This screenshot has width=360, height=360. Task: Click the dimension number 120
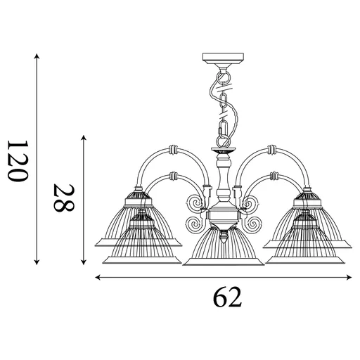18,161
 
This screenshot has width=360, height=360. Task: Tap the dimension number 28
64,198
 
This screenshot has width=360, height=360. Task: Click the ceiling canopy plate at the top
223,58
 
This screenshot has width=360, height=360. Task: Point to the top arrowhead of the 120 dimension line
37,56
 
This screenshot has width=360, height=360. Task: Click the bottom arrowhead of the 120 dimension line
37,262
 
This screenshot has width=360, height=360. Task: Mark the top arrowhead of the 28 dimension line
84,138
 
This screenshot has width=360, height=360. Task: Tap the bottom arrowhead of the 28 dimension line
84,262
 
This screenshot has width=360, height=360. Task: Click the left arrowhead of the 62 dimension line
98,277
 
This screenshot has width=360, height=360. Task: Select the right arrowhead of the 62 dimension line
349,277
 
